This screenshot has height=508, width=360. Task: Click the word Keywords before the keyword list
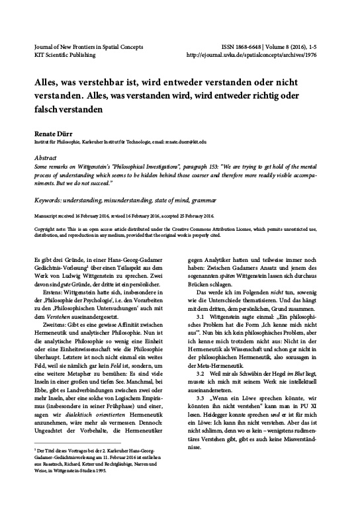coord(50,199)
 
